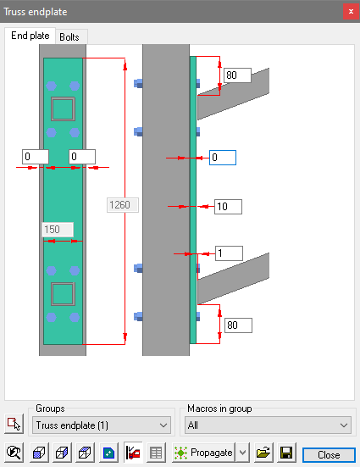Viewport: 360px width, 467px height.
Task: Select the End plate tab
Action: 30,36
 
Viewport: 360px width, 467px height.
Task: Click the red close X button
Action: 351,12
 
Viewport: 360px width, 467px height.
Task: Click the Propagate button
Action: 203,453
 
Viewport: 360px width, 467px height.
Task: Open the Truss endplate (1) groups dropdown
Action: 102,425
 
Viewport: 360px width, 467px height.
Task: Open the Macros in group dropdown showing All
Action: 268,425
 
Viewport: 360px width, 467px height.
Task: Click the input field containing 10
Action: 228,207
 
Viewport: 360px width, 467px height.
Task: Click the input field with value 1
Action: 229,253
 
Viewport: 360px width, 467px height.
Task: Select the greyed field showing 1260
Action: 123,205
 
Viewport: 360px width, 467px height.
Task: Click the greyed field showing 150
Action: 58,230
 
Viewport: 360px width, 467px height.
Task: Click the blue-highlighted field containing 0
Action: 223,158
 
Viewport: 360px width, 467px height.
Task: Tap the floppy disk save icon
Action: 286,453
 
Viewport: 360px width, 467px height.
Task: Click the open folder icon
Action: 263,453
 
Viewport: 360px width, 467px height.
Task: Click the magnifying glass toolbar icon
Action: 14,453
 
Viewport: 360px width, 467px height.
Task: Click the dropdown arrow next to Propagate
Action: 242,453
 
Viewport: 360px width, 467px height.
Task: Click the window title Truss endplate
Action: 36,12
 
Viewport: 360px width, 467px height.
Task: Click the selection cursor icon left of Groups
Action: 14,424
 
